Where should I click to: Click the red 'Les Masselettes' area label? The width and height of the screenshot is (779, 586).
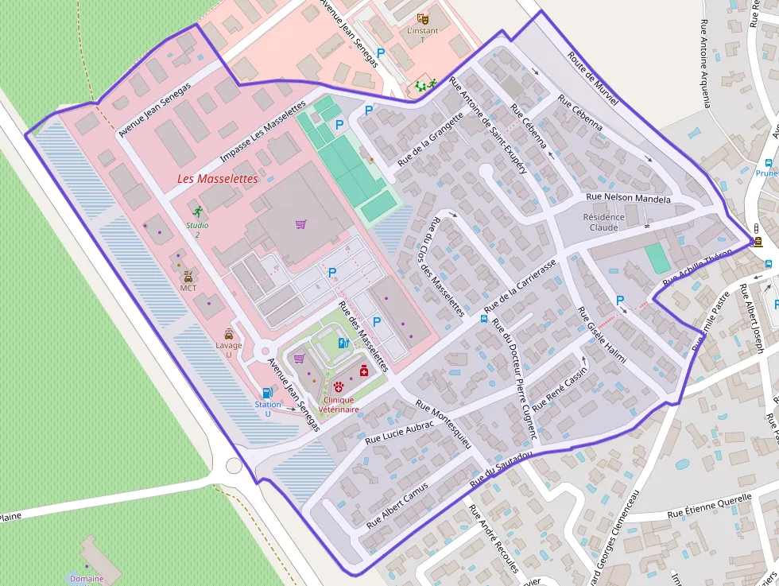coord(217,179)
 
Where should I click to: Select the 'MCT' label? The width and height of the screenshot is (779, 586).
coord(188,288)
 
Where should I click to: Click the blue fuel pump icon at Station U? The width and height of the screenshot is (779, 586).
coord(267,392)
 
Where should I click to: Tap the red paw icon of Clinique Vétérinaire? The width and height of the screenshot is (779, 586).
coord(339,386)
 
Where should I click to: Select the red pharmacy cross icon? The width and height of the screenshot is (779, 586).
coord(364,371)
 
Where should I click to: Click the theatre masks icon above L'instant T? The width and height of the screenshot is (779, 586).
coord(423,17)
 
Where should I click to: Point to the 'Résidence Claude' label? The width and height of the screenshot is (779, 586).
coord(604,222)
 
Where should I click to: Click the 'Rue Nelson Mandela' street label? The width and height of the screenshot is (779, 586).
coord(628,198)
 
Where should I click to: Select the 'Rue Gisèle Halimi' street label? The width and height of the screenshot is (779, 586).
coord(602,336)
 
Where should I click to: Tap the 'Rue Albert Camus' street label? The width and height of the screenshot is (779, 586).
coord(397,506)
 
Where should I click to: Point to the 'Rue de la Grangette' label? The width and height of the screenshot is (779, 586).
coord(430,141)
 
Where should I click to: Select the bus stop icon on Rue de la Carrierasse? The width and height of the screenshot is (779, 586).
coord(483,320)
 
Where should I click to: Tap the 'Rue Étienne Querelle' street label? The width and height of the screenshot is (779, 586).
coord(709,506)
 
